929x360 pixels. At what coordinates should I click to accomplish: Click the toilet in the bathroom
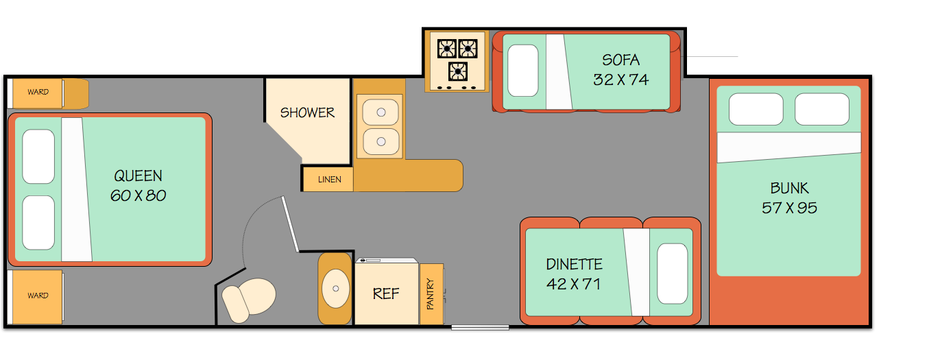click(248, 299)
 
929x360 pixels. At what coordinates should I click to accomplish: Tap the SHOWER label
click(307, 112)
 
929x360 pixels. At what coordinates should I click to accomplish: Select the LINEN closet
click(329, 180)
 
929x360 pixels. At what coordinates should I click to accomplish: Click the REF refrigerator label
click(386, 293)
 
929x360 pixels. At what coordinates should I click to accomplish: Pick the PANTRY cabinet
click(431, 293)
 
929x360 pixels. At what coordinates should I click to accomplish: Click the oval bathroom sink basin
click(335, 289)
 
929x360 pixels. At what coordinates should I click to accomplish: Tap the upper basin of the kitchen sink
click(380, 111)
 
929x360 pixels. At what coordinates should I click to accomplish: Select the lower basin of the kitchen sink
click(380, 142)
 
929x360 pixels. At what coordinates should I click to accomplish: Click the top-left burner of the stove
click(447, 48)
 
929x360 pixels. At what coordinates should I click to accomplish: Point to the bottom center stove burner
click(457, 71)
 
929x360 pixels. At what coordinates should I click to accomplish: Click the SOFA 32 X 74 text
click(620, 70)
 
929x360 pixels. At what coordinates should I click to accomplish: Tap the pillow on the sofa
click(522, 70)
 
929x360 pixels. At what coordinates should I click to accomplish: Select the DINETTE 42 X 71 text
click(574, 274)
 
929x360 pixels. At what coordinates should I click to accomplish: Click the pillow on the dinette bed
click(672, 274)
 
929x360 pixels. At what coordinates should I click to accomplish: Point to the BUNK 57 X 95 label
click(789, 197)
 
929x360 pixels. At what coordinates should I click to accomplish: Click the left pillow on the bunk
click(756, 109)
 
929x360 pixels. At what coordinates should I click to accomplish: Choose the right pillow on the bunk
click(821, 109)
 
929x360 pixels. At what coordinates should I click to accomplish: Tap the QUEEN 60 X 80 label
click(138, 186)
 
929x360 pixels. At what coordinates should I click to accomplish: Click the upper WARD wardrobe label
click(38, 92)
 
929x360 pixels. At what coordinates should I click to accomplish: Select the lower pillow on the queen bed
click(38, 223)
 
